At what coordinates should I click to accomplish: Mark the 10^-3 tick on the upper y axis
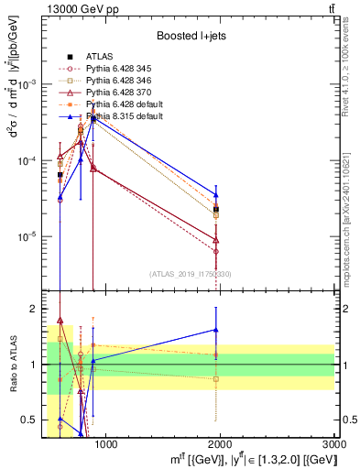tap(30, 84)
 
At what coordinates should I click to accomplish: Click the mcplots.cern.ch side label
tap(351, 220)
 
